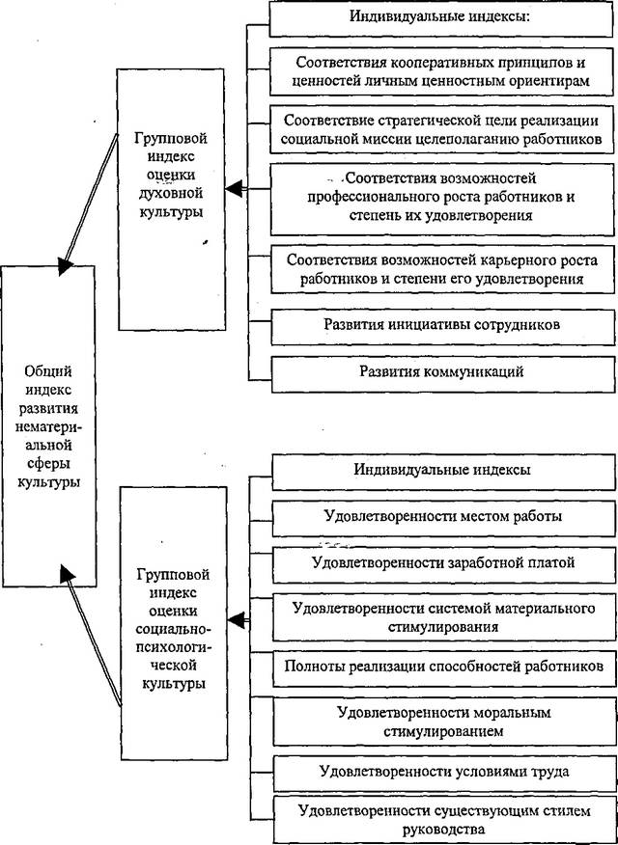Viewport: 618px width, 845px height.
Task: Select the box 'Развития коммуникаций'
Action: pos(441,373)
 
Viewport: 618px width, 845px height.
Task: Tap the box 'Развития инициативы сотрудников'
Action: pos(441,325)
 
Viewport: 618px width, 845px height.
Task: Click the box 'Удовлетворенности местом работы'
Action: pos(443,518)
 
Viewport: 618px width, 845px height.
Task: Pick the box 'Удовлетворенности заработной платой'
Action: pos(443,564)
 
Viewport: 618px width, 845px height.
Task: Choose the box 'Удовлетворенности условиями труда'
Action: pos(444,772)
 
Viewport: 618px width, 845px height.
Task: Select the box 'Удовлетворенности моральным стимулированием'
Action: pos(444,722)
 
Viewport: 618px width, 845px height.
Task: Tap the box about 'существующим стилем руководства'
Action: pos(444,818)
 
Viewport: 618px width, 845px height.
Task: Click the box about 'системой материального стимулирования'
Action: pos(443,617)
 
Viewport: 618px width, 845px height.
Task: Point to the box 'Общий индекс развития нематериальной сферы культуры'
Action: pos(48,425)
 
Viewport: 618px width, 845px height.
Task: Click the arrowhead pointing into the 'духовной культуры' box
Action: pos(234,189)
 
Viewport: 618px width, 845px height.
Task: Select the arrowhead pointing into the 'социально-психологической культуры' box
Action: pos(236,619)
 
